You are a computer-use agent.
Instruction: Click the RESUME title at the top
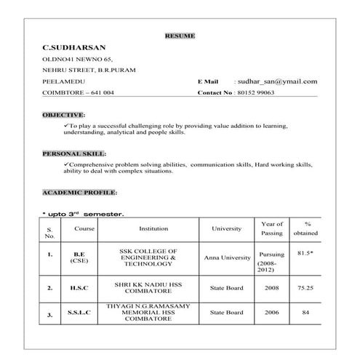180,35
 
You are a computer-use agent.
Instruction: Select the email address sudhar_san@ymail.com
276,81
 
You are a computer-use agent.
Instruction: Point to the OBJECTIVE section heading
63,116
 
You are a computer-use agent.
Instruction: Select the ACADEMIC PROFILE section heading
79,192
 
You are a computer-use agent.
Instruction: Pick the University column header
226,228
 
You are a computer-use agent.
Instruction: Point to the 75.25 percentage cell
306,288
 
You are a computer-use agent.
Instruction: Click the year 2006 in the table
271,312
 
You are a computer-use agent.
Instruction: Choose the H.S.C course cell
79,288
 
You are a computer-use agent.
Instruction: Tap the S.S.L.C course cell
79,313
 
